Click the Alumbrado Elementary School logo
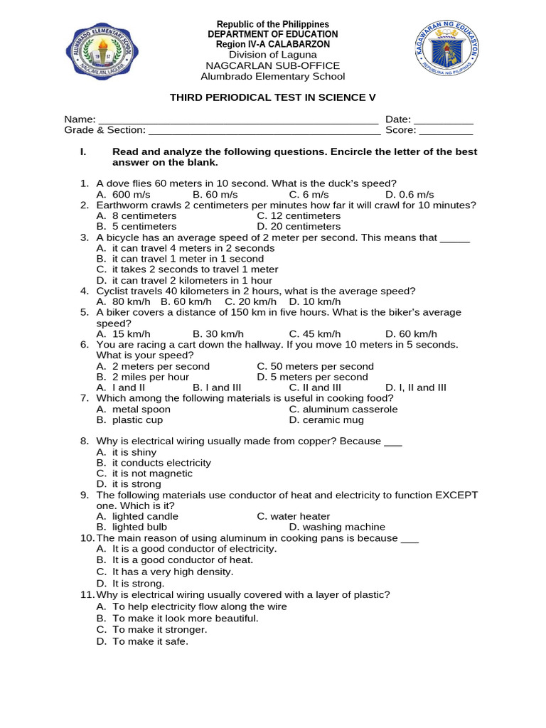pos(107,52)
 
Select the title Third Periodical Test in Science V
pos(272,97)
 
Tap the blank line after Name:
pos(237,119)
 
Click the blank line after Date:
pos(443,119)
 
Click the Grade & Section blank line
pos(264,130)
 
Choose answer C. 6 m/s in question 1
pos(309,195)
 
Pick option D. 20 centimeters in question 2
pos(299,227)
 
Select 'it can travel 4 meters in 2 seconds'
pos(185,248)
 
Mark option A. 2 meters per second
pos(153,366)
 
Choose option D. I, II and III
pos(416,387)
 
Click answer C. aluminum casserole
pos(343,409)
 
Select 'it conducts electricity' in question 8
pos(154,463)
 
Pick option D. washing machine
pos(337,527)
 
